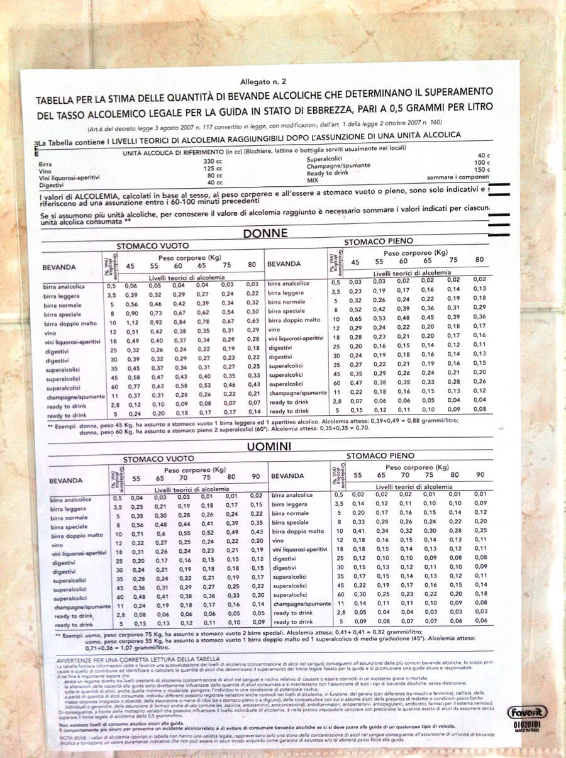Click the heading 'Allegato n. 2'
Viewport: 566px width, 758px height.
pyautogui.click(x=263, y=82)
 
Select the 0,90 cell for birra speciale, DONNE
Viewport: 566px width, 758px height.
pyautogui.click(x=131, y=313)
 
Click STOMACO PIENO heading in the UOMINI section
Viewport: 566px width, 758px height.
pyautogui.click(x=380, y=455)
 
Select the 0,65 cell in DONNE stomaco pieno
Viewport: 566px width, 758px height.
pyautogui.click(x=355, y=320)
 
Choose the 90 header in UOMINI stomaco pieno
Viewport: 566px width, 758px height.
pyautogui.click(x=480, y=475)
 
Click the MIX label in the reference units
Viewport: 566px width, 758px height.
pyautogui.click(x=313, y=180)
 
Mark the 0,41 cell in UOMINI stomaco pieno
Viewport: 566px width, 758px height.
pyautogui.click(x=358, y=532)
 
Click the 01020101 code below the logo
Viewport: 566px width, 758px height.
pyautogui.click(x=526, y=725)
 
